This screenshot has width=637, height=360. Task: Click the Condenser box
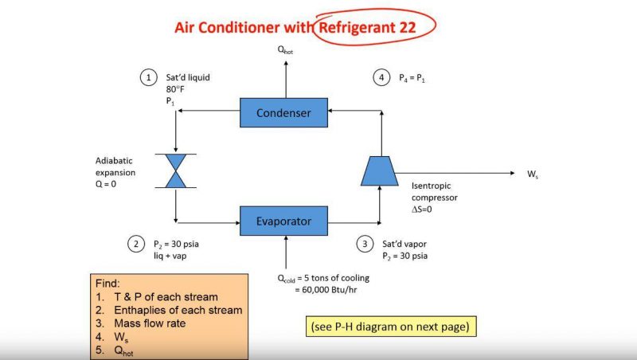(283, 112)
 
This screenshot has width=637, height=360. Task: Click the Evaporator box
(283, 220)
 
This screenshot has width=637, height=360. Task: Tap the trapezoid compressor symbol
(380, 170)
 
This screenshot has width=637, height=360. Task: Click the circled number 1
(148, 77)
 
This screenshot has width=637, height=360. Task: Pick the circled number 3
(365, 244)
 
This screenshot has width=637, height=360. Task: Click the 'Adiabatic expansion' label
(115, 166)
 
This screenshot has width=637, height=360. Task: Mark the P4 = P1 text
(412, 77)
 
